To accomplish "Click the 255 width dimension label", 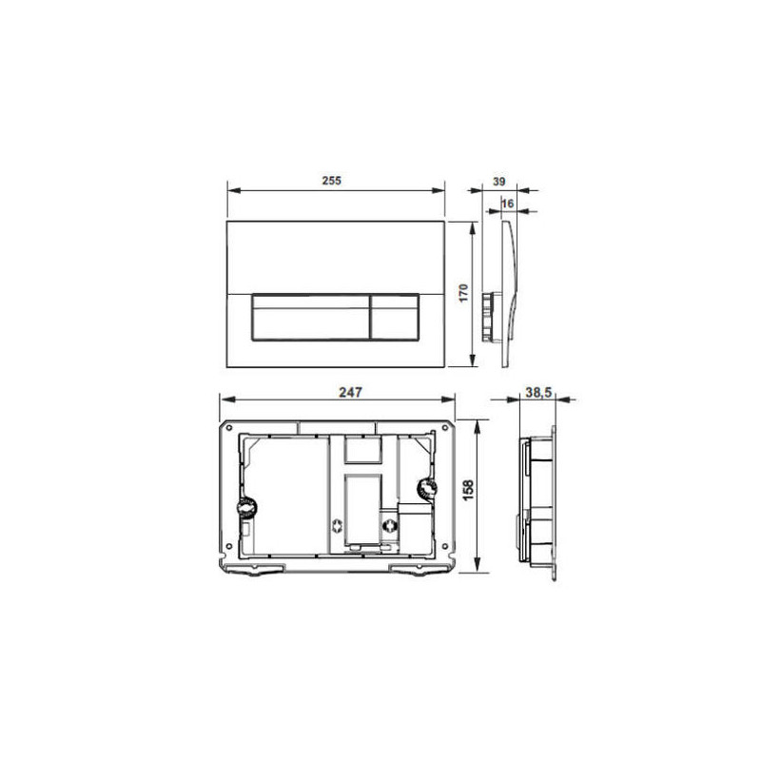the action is (331, 181).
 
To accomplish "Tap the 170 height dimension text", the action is (463, 293).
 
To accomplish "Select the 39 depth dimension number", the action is (498, 182).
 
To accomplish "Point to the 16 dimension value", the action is (508, 204).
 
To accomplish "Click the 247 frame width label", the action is (350, 392).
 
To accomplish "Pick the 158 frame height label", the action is (469, 491).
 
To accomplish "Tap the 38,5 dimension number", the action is (538, 392).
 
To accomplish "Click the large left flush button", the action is (311, 317).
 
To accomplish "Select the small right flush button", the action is (395, 317).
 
